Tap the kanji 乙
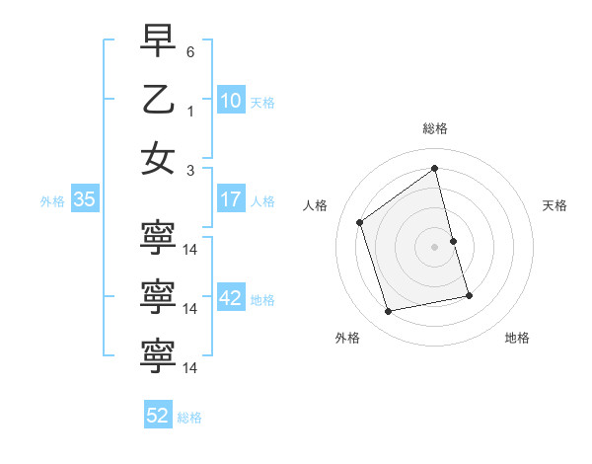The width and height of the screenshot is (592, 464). coord(158,99)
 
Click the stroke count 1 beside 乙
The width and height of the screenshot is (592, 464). coord(190,111)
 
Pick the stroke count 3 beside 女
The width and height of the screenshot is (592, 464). coord(190,171)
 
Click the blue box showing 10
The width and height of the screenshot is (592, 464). coord(231,100)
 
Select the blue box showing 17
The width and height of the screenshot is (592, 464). coord(231,199)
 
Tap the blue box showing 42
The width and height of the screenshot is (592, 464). coord(231,299)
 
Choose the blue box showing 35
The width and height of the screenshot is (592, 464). coord(85,199)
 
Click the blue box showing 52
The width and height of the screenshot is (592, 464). coord(158,416)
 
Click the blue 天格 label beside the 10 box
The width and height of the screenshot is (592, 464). coord(262,102)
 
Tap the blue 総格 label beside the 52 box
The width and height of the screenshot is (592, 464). coord(189,418)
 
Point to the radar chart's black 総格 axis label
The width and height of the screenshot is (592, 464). coord(434,128)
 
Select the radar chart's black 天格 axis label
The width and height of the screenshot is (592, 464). coord(555,205)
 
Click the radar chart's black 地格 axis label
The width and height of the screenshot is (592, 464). coord(517,338)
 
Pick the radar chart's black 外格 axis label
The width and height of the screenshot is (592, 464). coord(347,338)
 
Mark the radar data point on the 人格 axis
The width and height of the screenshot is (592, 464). coord(360,222)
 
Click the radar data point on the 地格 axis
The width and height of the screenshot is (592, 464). coord(469,295)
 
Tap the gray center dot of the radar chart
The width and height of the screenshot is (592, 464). coord(434,246)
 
